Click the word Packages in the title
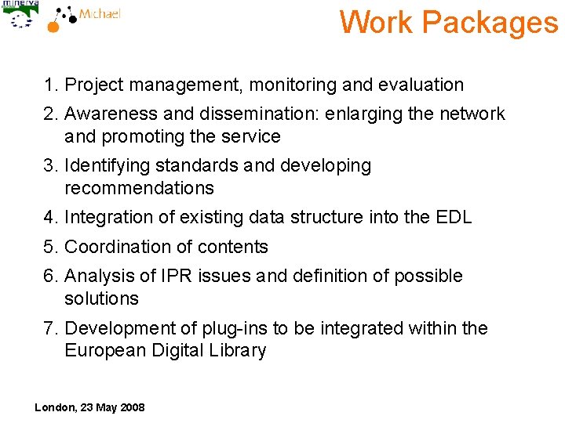click(x=490, y=22)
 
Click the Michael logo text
click(x=100, y=14)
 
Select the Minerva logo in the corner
click(x=19, y=15)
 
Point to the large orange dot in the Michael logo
click(x=53, y=26)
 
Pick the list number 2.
click(x=50, y=114)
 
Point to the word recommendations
click(x=139, y=188)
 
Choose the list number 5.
click(x=50, y=247)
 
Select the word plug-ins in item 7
click(x=213, y=328)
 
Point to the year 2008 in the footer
click(x=131, y=407)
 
